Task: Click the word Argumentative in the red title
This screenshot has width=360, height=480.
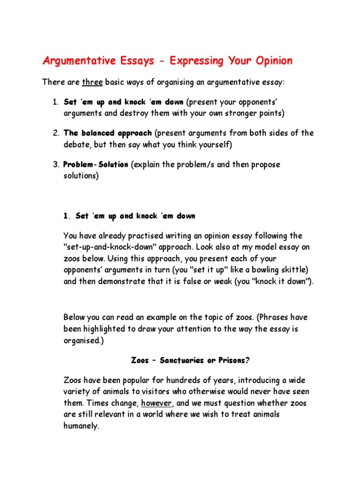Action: (77, 61)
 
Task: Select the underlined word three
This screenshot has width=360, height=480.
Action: (92, 82)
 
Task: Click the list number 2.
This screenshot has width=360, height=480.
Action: (55, 133)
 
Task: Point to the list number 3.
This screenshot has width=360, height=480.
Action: (55, 165)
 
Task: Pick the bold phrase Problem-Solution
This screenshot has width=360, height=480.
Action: (96, 165)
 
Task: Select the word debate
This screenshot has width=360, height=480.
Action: (76, 145)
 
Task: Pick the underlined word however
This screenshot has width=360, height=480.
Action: (157, 403)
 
